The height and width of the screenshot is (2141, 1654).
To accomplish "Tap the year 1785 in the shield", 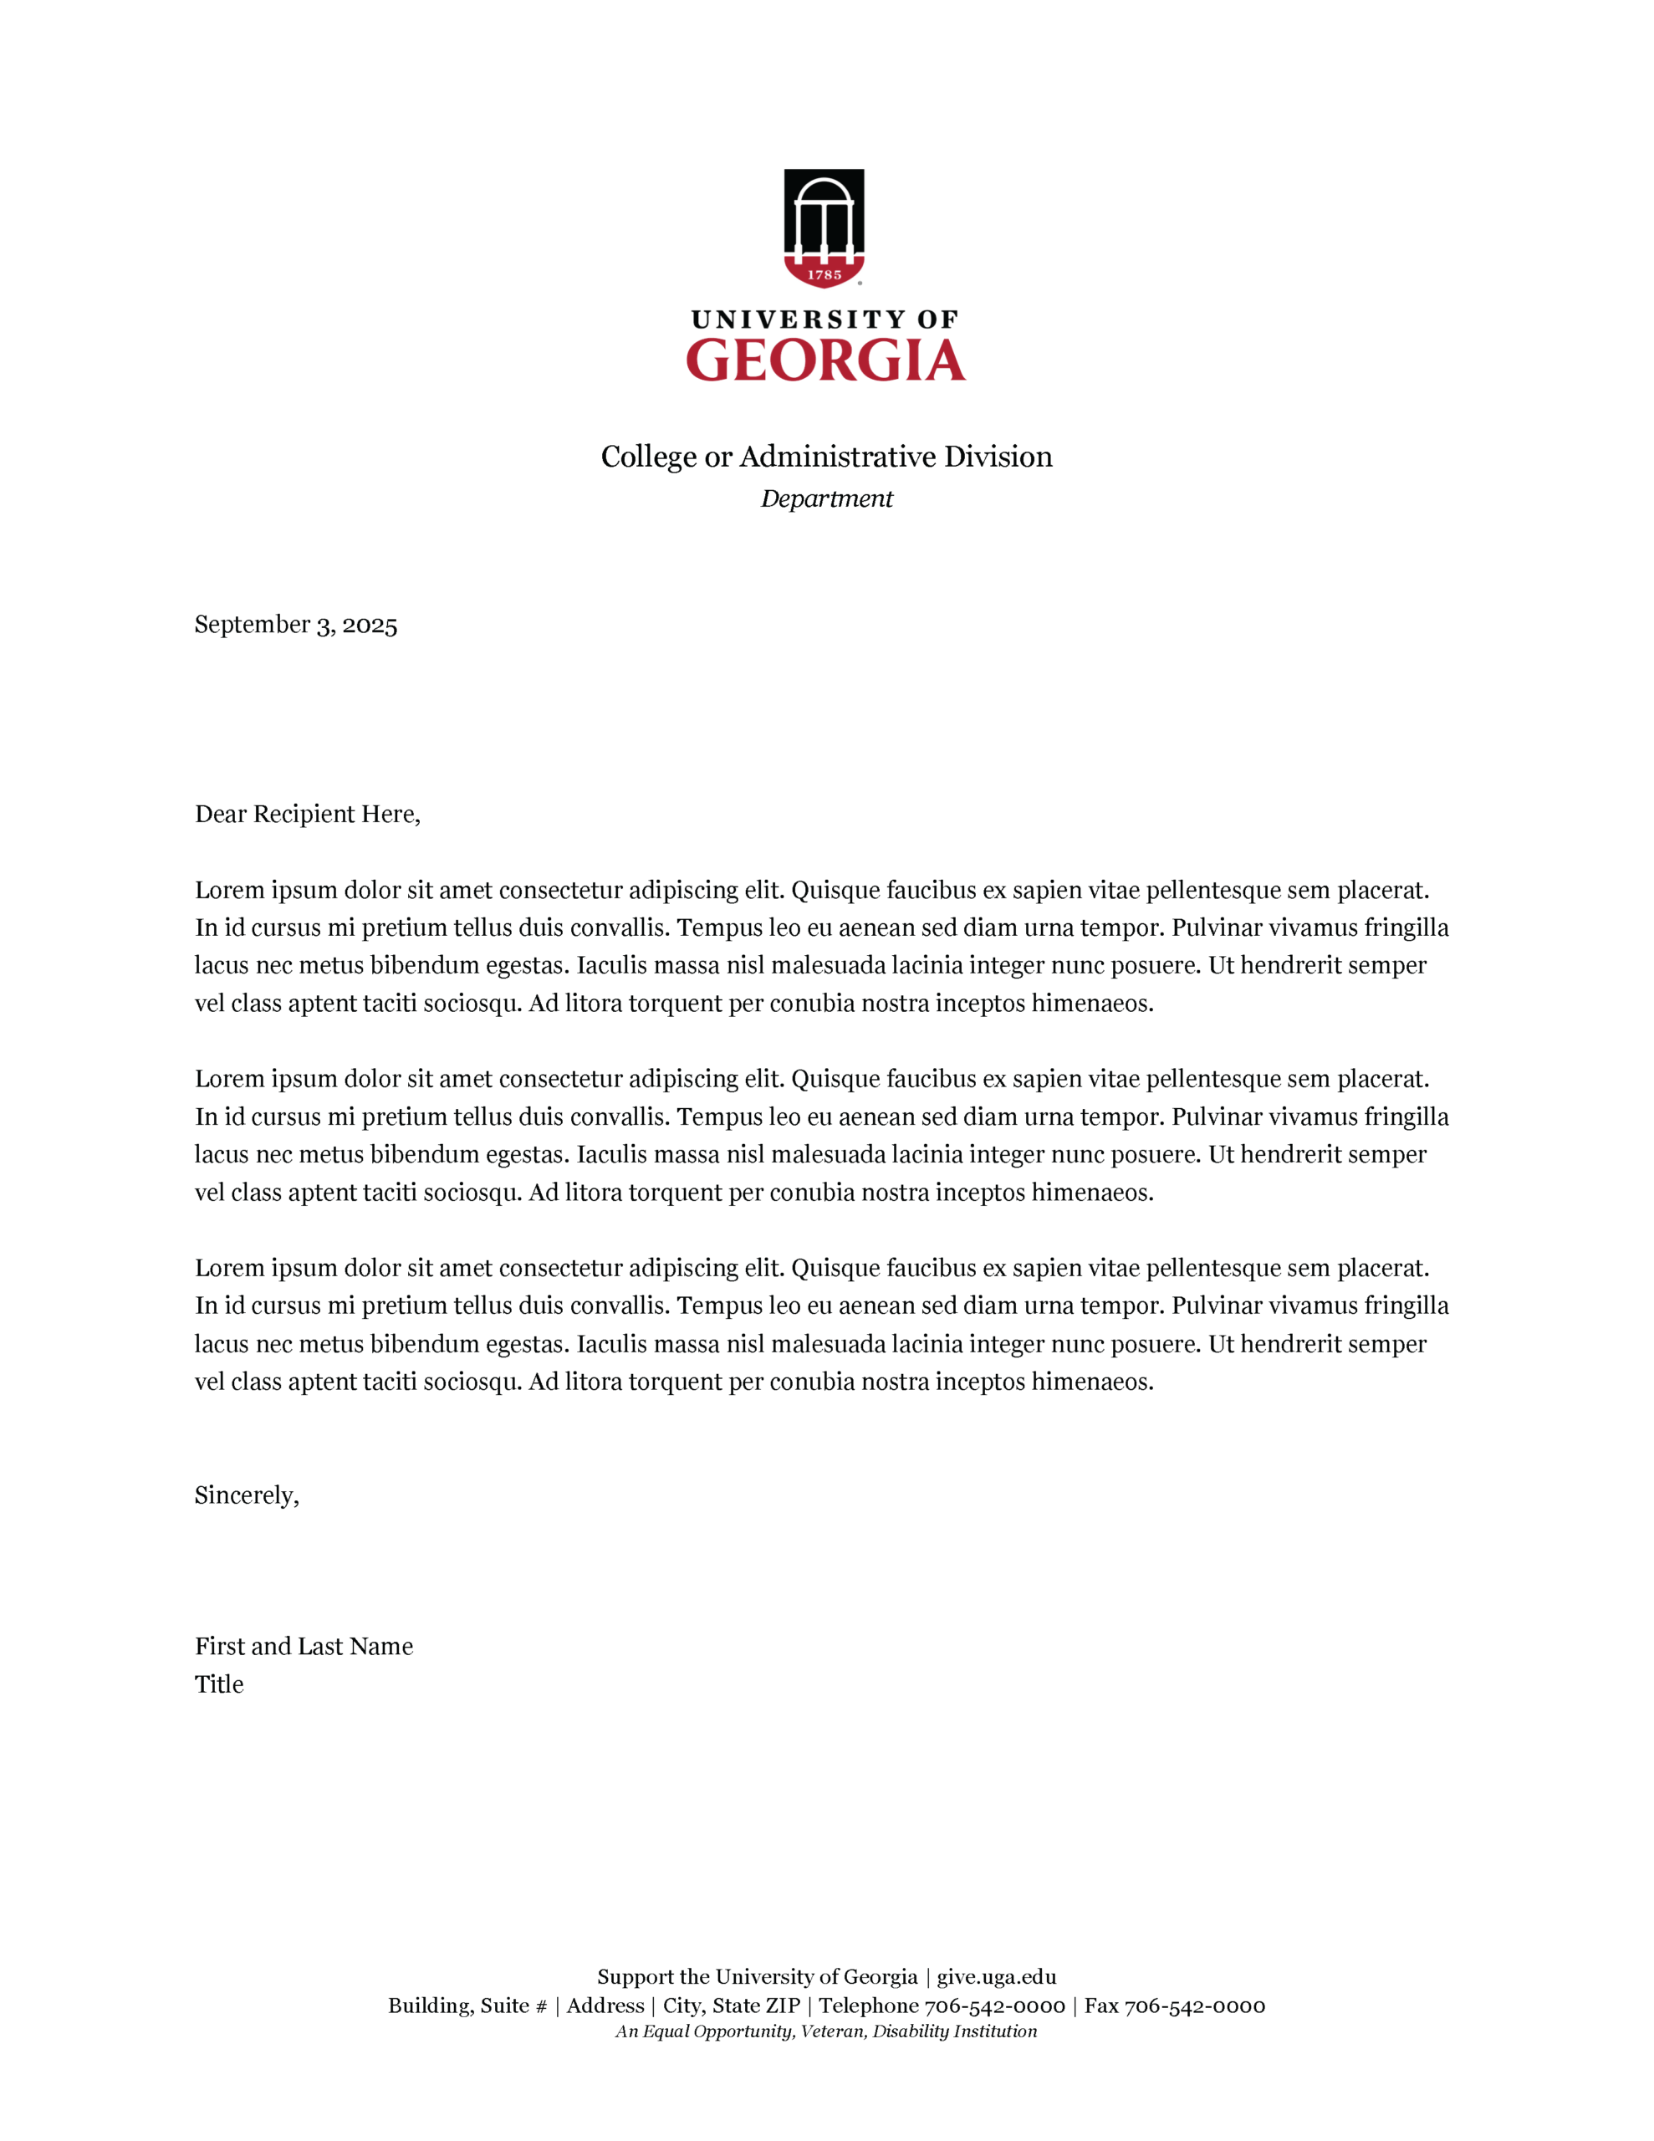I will (x=824, y=275).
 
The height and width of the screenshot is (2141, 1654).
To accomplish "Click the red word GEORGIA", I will (x=825, y=360).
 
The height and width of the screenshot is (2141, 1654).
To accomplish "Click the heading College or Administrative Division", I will (x=826, y=457).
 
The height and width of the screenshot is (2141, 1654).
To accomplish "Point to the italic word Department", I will (x=826, y=499).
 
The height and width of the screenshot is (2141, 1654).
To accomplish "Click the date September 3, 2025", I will (x=295, y=626).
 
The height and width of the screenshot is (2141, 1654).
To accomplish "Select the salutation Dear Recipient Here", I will (x=307, y=815).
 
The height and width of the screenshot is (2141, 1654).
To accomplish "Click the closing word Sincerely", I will (x=246, y=1495).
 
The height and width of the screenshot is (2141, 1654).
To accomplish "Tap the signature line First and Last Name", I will (x=304, y=1646).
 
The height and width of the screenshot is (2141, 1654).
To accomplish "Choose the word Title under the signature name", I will (x=218, y=1684).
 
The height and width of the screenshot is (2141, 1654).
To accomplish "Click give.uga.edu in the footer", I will (x=996, y=1976).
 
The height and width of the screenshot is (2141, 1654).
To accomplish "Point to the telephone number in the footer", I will (x=994, y=2006).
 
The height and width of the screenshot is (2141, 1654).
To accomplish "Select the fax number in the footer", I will (x=1194, y=2006).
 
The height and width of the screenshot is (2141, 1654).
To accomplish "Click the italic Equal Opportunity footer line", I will (x=826, y=2031).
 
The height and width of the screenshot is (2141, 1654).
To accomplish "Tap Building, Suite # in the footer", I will (x=467, y=2006).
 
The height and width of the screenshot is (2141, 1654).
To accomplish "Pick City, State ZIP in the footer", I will (x=732, y=2006).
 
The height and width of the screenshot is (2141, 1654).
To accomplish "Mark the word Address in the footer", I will (x=605, y=2006).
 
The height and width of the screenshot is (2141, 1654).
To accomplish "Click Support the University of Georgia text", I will (x=757, y=1976).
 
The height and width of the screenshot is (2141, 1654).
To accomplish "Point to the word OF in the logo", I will (x=937, y=319).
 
